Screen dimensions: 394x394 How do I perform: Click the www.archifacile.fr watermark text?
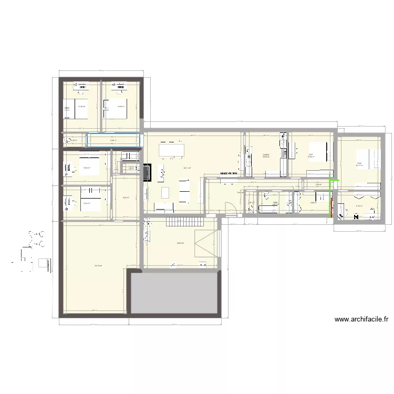[x=361, y=319]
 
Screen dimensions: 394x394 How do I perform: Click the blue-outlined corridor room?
[x=113, y=140]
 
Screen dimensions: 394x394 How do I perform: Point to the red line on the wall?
[x=331, y=205]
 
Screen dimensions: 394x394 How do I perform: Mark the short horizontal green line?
[x=333, y=181]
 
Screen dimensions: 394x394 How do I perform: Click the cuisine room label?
[x=266, y=154]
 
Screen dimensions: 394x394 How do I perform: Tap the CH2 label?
[x=359, y=163]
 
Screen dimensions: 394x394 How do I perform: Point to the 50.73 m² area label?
[x=98, y=265]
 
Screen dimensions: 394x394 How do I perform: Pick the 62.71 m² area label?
[x=186, y=168]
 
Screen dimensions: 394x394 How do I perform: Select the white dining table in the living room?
[x=172, y=150]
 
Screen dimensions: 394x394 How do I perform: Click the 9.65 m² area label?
[x=126, y=198]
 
